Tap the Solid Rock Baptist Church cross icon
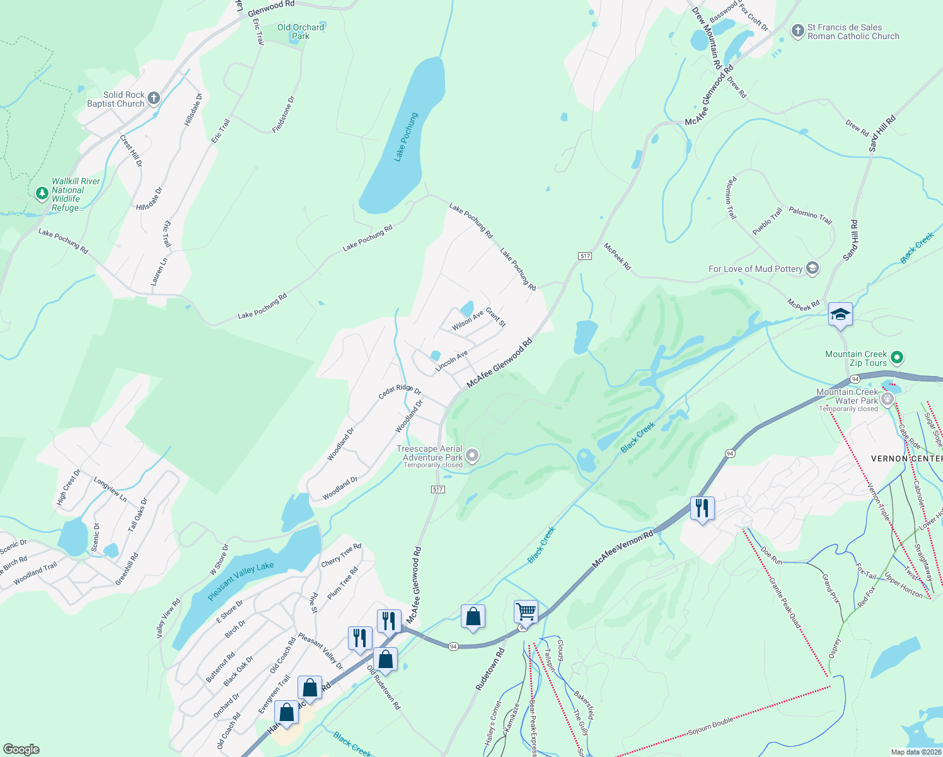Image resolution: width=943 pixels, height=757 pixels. [x=154, y=98]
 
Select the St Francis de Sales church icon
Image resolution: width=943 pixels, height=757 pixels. [x=797, y=30]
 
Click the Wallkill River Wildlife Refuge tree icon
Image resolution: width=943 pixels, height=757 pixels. [x=42, y=193]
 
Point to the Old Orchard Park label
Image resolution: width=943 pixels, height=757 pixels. [x=301, y=32]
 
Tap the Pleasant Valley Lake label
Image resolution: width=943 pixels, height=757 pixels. [x=241, y=581]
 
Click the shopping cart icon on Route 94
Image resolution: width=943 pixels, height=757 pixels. [x=526, y=611]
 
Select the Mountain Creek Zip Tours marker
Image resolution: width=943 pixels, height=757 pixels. [x=898, y=358]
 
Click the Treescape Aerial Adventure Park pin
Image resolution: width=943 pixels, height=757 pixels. [x=472, y=456]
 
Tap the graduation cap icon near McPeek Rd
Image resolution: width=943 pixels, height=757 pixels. [x=840, y=314]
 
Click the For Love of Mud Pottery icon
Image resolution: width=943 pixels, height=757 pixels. [x=813, y=268]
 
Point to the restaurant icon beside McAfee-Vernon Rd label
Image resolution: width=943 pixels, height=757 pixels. [x=702, y=508]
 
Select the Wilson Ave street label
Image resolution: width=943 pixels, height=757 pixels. [x=467, y=320]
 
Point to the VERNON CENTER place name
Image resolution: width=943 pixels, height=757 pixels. [x=906, y=459]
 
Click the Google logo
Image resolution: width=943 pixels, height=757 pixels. [x=21, y=749]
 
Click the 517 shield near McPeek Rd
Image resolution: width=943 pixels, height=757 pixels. [x=585, y=255]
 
